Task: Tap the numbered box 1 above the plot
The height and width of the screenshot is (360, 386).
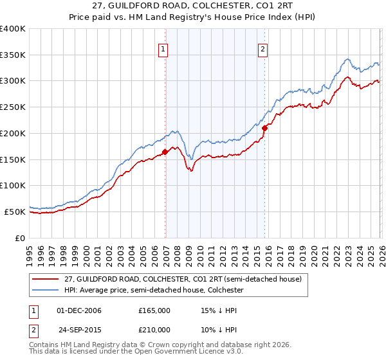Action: coord(163,48)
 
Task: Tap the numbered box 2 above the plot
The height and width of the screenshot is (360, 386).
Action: coord(263,48)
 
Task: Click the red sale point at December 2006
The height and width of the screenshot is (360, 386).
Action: coord(165,152)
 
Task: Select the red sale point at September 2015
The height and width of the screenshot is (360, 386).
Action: coord(264,128)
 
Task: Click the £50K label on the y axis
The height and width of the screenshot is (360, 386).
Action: coord(15,212)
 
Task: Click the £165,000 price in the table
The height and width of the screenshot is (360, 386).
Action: coord(154,310)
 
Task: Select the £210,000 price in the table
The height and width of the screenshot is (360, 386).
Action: coord(154,329)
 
